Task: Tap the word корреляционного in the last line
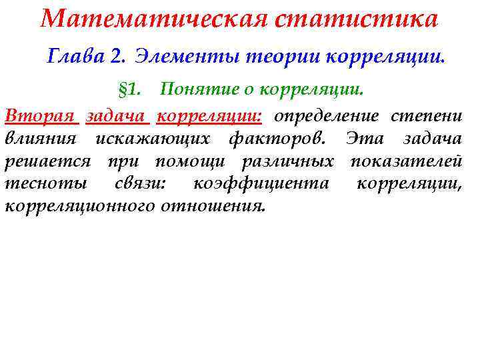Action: point(80,206)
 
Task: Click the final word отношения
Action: point(213,206)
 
